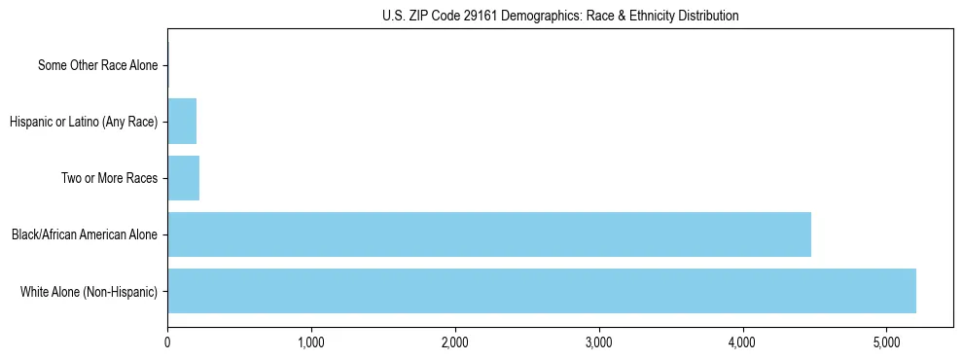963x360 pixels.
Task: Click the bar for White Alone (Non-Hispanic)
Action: (541, 291)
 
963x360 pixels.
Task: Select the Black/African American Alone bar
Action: (488, 234)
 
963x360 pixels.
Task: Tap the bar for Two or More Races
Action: (183, 178)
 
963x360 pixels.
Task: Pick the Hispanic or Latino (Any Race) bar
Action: (182, 122)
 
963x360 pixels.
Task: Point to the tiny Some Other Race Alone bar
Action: (168, 65)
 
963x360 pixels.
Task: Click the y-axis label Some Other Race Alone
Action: (97, 65)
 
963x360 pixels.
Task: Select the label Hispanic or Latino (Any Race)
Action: (83, 122)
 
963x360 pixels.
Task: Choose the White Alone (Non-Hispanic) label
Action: (89, 291)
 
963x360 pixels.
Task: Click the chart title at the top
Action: (560, 16)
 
